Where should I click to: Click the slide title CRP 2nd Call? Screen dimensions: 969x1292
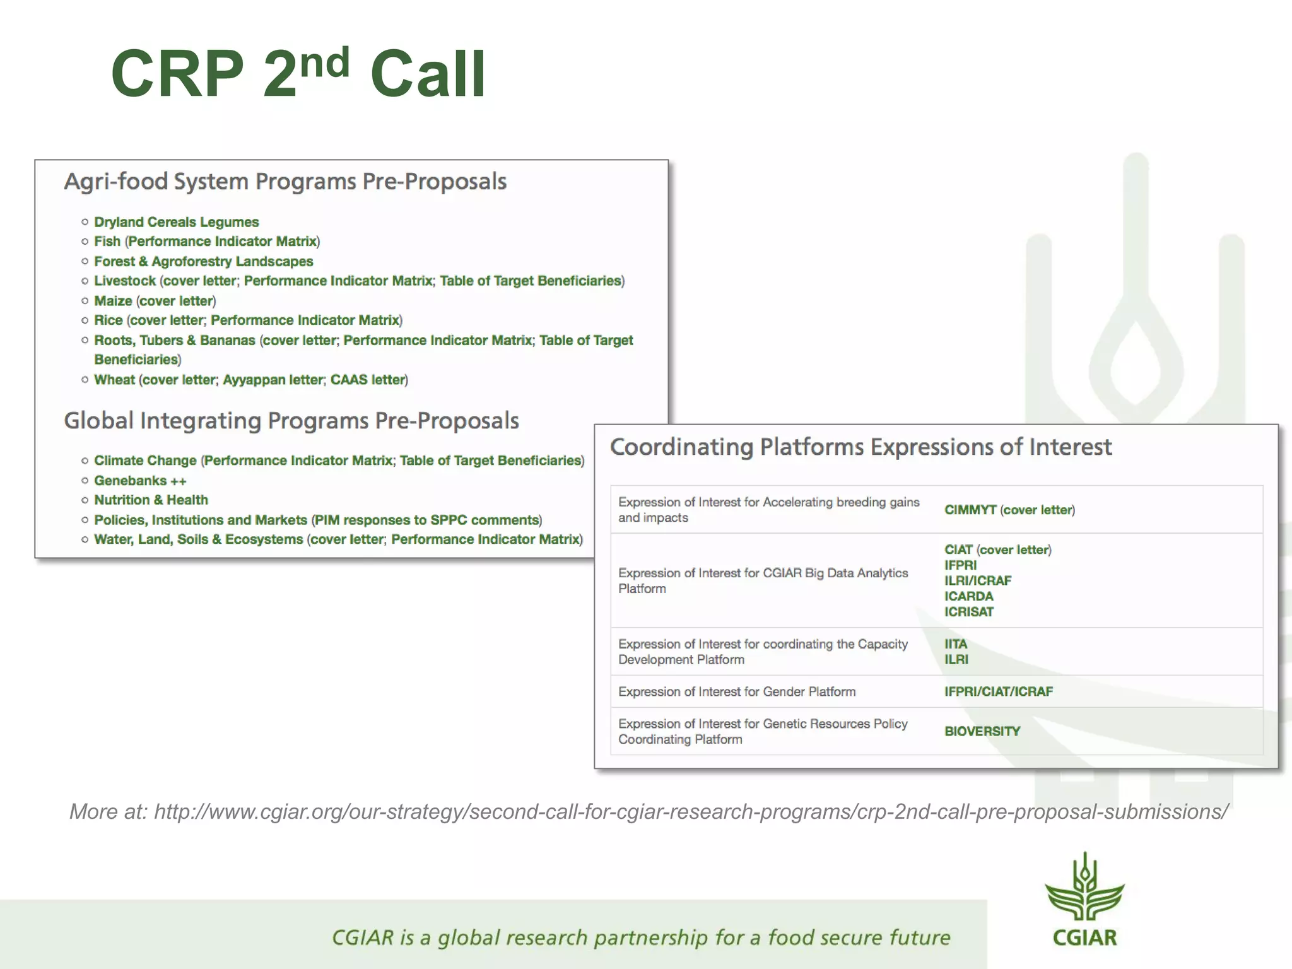(x=298, y=74)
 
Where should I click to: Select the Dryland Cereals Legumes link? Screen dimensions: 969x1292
(x=176, y=222)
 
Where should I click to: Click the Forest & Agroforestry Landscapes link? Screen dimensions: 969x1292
(x=203, y=261)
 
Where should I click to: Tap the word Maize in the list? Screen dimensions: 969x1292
(x=113, y=301)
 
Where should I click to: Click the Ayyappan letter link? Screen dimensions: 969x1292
(x=273, y=380)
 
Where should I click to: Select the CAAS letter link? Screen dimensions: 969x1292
(x=367, y=380)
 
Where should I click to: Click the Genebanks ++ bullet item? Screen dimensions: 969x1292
(x=140, y=481)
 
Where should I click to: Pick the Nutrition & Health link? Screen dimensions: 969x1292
(x=151, y=500)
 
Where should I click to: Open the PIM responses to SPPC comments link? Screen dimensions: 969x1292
(x=427, y=520)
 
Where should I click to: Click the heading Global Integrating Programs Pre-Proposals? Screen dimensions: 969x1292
(x=291, y=421)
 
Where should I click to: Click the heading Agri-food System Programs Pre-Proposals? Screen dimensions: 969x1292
(x=285, y=182)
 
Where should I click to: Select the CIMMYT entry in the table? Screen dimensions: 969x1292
(x=970, y=510)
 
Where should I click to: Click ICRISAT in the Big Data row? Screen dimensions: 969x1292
(x=968, y=612)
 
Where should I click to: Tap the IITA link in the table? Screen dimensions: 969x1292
(x=955, y=644)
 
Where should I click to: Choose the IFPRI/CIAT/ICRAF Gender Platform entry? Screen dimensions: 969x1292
(x=998, y=691)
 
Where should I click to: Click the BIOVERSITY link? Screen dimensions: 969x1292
(x=982, y=731)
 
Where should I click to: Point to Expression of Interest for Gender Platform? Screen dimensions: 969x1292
(x=736, y=691)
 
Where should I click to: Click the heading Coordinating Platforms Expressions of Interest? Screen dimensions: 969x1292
(x=860, y=447)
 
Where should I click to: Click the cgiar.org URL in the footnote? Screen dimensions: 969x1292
(x=691, y=811)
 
